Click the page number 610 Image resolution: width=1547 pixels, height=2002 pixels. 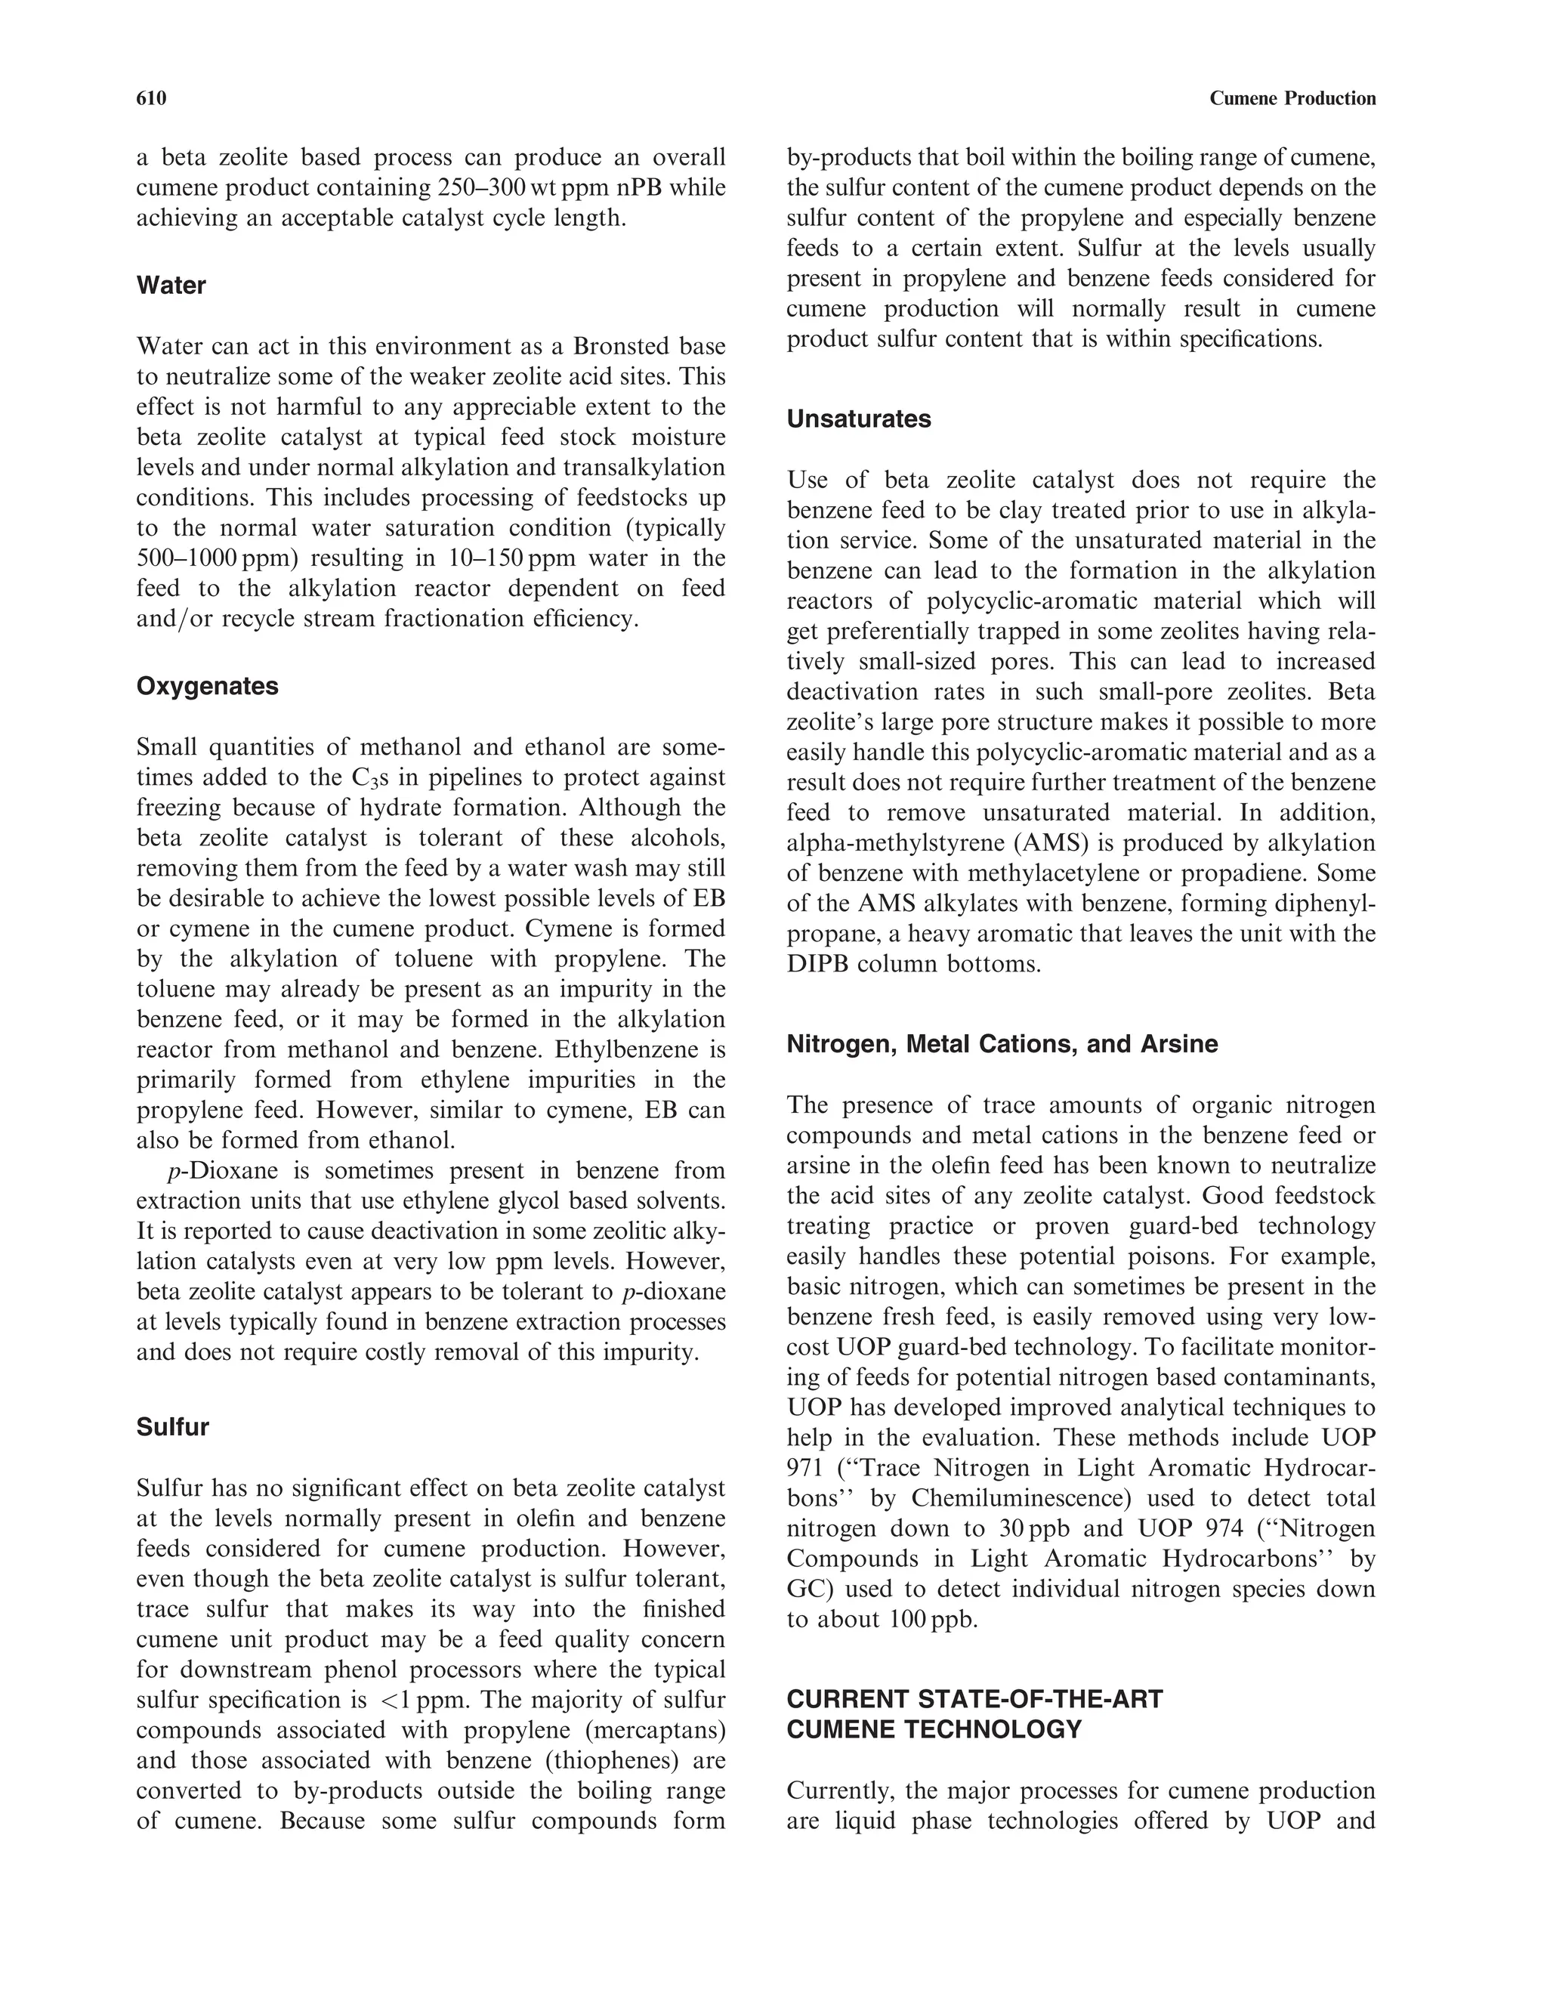(151, 98)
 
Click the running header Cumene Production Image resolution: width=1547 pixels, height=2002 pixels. (1292, 98)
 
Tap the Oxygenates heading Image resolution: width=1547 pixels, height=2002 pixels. (207, 686)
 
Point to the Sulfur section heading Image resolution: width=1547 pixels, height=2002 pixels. (172, 1426)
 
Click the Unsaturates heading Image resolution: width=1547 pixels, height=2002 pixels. (859, 419)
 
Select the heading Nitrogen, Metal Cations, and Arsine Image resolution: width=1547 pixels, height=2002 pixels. (1002, 1044)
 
